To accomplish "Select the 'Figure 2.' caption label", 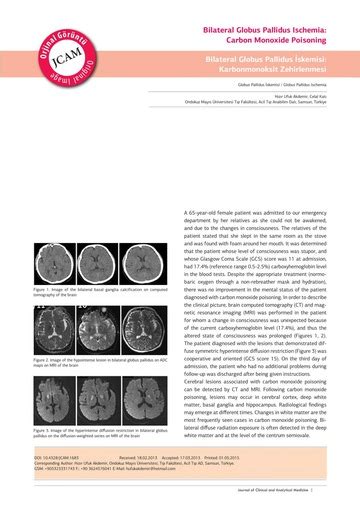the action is coord(43,358).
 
